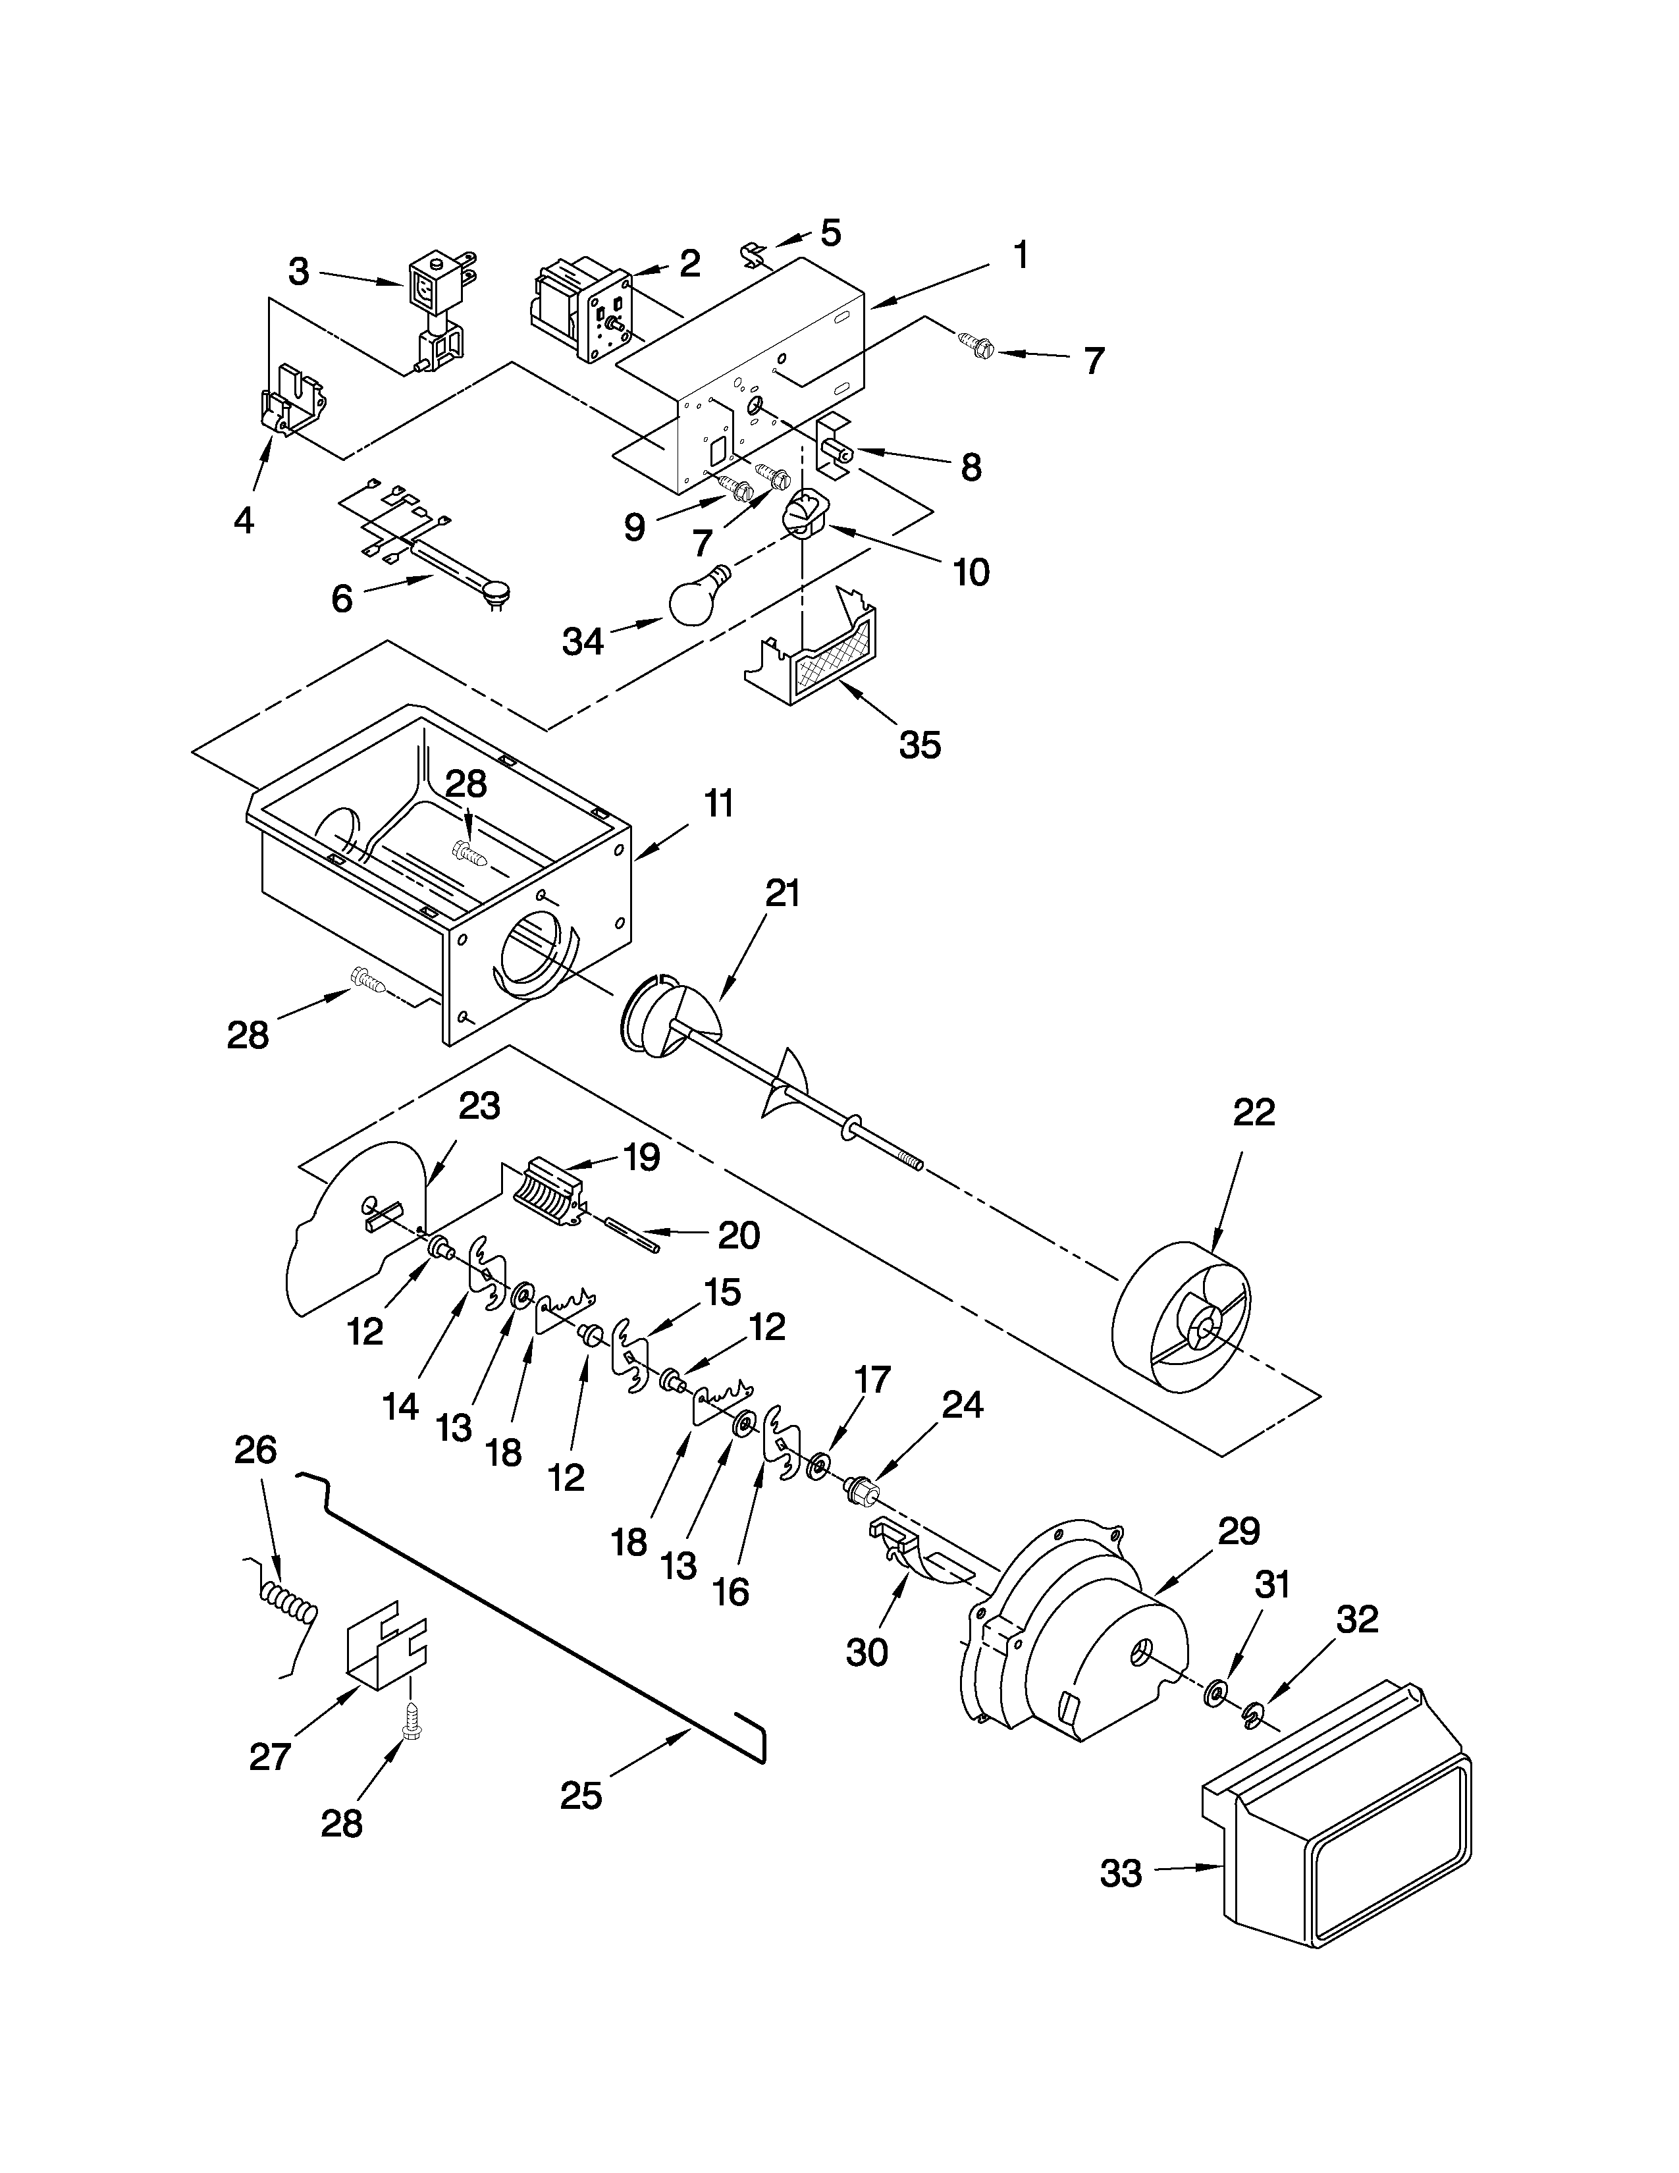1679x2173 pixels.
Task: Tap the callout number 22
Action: (x=1253, y=1112)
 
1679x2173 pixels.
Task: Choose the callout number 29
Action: (x=1239, y=1530)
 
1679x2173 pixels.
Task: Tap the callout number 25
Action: (x=581, y=1795)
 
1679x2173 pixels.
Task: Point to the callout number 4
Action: (x=244, y=520)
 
